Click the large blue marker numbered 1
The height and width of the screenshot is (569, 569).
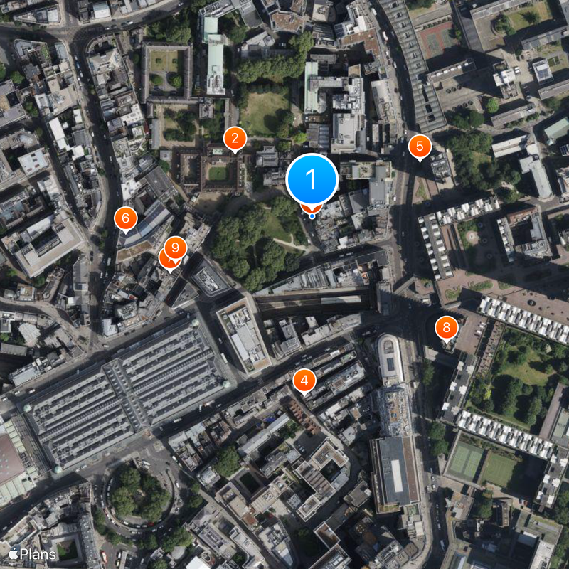point(312,178)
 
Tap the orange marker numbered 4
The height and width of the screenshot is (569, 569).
point(304,381)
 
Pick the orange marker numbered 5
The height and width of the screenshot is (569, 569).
point(420,147)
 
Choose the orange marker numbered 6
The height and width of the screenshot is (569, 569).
point(125,218)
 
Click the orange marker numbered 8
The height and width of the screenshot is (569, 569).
point(447,327)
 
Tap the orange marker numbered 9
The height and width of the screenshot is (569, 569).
point(175,248)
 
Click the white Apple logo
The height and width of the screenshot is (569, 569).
point(13,553)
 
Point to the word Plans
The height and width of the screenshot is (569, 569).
point(38,553)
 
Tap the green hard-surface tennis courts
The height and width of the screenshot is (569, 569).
point(466,462)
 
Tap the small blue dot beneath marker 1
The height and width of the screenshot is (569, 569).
point(312,215)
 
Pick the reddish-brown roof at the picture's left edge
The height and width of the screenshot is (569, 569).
point(10,462)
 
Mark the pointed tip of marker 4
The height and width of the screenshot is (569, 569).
point(304,393)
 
